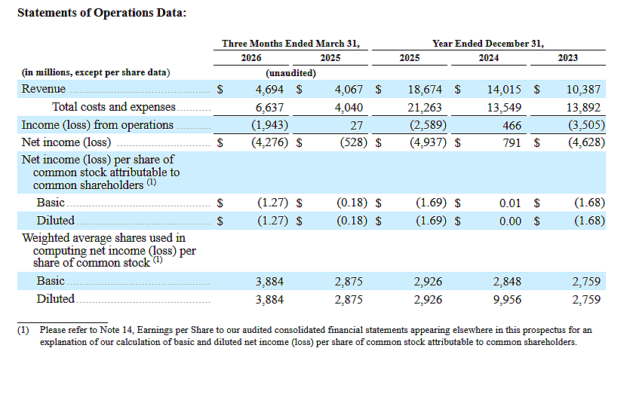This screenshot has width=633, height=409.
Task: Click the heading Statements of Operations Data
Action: tap(102, 13)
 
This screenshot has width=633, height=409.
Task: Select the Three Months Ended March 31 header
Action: tap(290, 44)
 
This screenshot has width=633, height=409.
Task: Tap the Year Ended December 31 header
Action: tap(488, 44)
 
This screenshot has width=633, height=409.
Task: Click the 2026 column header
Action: tap(251, 58)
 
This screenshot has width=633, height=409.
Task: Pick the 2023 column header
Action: tap(567, 58)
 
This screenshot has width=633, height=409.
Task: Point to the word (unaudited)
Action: tap(290, 73)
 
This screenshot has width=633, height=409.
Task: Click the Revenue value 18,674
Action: tap(425, 90)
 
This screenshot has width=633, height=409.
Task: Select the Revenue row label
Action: tap(44, 89)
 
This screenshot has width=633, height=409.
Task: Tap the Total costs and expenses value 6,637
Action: tap(269, 108)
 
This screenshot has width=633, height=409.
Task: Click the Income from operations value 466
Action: tap(512, 126)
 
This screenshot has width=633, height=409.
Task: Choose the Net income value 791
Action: tap(512, 143)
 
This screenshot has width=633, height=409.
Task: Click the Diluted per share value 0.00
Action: tap(510, 221)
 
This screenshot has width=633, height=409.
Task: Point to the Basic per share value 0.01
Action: tap(510, 203)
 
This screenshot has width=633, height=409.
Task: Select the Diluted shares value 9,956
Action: tap(507, 300)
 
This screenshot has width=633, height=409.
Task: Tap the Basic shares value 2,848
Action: tap(507, 282)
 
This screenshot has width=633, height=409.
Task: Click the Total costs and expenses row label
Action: tap(114, 107)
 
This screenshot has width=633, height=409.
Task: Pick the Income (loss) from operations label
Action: tap(97, 125)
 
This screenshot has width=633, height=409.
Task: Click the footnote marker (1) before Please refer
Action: tap(23, 330)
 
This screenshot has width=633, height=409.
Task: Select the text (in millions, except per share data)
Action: tap(96, 72)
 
